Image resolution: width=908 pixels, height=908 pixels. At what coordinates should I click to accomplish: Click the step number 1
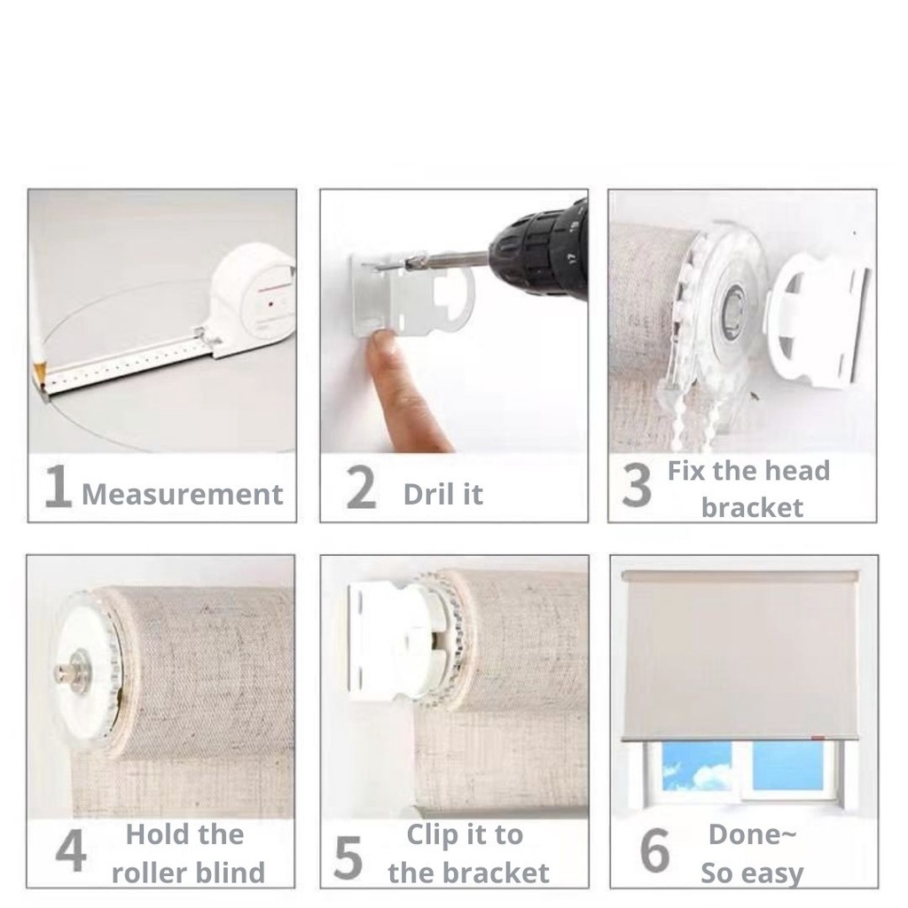[57, 489]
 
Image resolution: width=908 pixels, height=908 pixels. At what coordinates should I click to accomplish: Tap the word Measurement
[183, 494]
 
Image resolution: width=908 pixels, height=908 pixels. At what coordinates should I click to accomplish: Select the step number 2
[360, 489]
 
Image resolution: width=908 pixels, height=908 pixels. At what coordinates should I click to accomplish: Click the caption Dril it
[442, 494]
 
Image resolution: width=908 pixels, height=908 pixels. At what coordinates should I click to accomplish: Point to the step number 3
[636, 489]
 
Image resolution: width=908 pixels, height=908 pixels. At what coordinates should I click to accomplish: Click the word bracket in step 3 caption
[752, 508]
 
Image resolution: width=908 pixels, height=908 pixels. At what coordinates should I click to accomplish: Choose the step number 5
[348, 857]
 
